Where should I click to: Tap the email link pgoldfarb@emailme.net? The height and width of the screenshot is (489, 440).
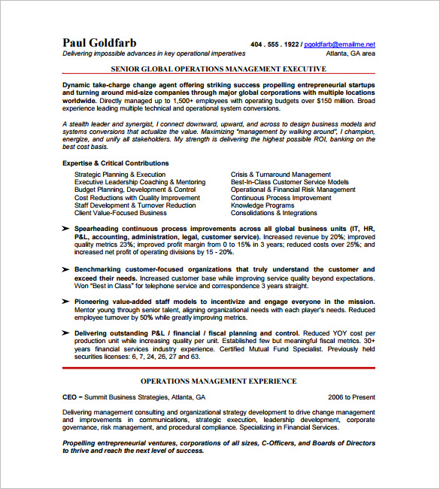[340, 44]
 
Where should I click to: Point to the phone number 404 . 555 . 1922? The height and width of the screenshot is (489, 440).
[275, 44]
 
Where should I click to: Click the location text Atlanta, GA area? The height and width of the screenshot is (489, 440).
[350, 53]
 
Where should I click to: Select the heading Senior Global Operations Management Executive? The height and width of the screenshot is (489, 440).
[218, 68]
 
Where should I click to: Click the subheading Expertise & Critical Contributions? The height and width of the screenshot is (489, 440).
[116, 163]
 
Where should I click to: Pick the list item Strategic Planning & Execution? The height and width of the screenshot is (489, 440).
[120, 175]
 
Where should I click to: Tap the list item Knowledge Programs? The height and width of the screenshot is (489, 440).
[262, 205]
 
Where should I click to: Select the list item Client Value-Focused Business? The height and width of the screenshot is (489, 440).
[120, 213]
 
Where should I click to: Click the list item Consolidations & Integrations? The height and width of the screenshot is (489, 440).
[274, 213]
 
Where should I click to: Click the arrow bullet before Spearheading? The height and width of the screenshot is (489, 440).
[66, 228]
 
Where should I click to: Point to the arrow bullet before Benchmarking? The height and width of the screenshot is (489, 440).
[66, 269]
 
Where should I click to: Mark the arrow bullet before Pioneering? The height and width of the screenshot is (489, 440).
[66, 301]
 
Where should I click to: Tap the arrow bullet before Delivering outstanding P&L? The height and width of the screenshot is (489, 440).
[66, 333]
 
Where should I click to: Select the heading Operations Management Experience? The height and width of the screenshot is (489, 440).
[218, 381]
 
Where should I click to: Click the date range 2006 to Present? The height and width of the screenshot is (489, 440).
[351, 396]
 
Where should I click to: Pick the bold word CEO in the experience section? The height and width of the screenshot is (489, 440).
[70, 396]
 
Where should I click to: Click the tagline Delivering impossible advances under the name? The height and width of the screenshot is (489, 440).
[153, 53]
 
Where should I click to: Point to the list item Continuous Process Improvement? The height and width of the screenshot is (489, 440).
[281, 198]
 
